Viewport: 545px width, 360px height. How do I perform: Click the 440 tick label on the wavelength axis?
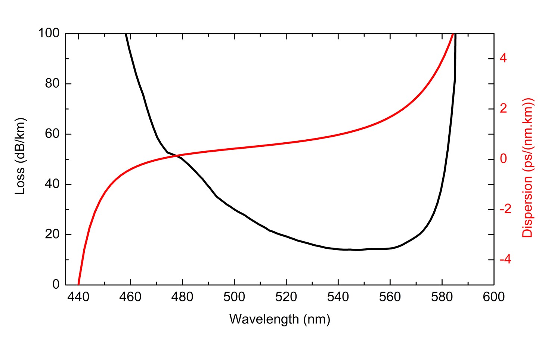pyautogui.click(x=78, y=297)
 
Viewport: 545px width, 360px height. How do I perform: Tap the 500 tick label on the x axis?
pyautogui.click(x=234, y=297)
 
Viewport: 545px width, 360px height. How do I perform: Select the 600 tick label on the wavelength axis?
pyautogui.click(x=493, y=297)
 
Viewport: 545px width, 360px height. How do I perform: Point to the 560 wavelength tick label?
pyautogui.click(x=390, y=297)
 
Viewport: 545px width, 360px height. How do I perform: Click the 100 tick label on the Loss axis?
pyautogui.click(x=49, y=33)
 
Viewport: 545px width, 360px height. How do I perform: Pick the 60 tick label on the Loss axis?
pyautogui.click(x=52, y=134)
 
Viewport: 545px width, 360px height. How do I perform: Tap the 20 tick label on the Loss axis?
pyautogui.click(x=52, y=235)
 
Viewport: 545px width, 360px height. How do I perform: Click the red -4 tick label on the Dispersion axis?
pyautogui.click(x=505, y=260)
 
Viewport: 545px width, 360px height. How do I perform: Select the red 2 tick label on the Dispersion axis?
pyautogui.click(x=504, y=109)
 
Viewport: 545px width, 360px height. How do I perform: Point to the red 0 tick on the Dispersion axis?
pyautogui.click(x=504, y=159)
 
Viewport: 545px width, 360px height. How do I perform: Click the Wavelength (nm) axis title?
pyautogui.click(x=279, y=319)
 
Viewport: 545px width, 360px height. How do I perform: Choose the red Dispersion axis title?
pyautogui.click(x=527, y=168)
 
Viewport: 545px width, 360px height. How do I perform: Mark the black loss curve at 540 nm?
pyautogui.click(x=338, y=249)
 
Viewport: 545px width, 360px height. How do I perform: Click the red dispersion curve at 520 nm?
pyautogui.click(x=286, y=143)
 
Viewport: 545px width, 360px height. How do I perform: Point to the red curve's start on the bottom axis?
pyautogui.click(x=78, y=284)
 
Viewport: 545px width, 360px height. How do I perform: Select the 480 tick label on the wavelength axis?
pyautogui.click(x=182, y=297)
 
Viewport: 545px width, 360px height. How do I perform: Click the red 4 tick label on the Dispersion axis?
pyautogui.click(x=504, y=58)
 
